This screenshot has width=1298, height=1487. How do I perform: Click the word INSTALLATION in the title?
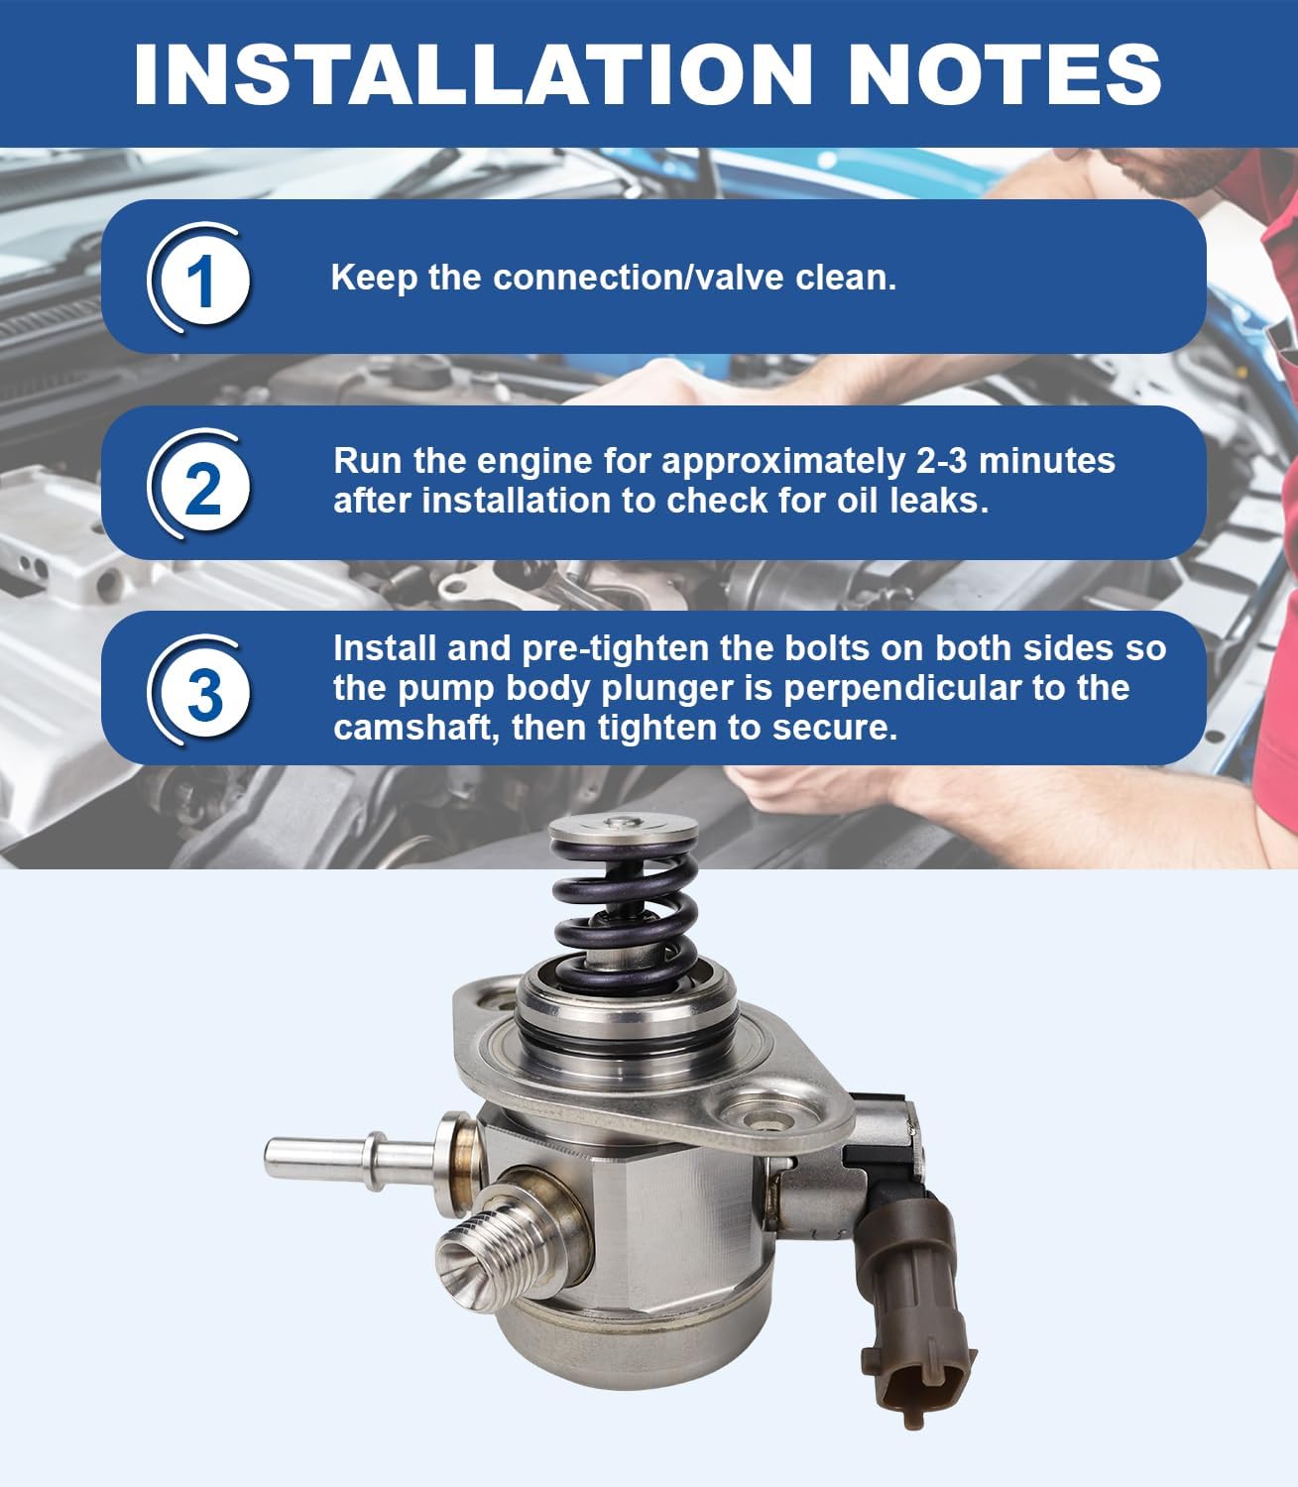[x=473, y=73]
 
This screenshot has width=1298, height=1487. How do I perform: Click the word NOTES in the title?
[x=1003, y=73]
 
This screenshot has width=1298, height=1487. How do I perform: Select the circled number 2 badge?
[x=201, y=486]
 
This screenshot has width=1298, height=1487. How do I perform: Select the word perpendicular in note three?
[x=897, y=688]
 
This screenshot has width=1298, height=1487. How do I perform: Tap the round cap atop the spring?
[x=623, y=831]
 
